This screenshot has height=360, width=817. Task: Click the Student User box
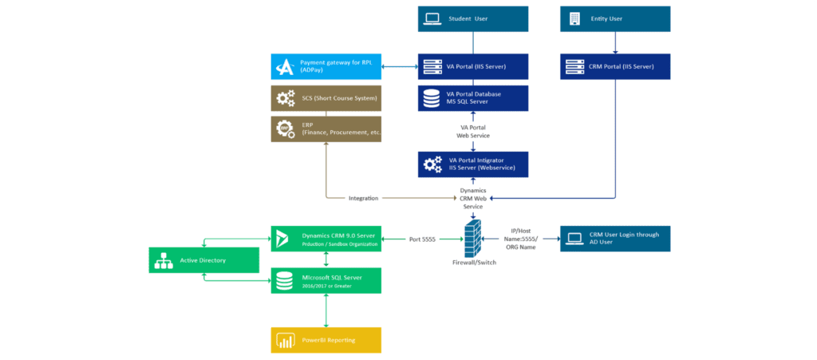472,18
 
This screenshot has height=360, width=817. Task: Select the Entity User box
615,18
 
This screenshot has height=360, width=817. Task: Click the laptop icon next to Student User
432,18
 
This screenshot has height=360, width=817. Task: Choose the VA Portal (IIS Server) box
472,66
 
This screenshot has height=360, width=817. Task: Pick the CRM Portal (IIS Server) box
615,66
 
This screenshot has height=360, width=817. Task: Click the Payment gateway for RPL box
326,66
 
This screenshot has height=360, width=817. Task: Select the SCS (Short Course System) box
326,98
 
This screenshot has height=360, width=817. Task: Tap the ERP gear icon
285,129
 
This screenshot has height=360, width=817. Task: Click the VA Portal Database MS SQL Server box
472,98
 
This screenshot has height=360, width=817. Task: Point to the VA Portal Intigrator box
472,164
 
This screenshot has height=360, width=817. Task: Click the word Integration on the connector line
363,198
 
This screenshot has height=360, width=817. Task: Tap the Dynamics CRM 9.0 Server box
326,238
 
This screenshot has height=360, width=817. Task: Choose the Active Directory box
203,260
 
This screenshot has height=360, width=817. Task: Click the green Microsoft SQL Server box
326,280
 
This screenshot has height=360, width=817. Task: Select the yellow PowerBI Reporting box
326,340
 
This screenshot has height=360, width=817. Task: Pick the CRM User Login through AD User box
615,238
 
